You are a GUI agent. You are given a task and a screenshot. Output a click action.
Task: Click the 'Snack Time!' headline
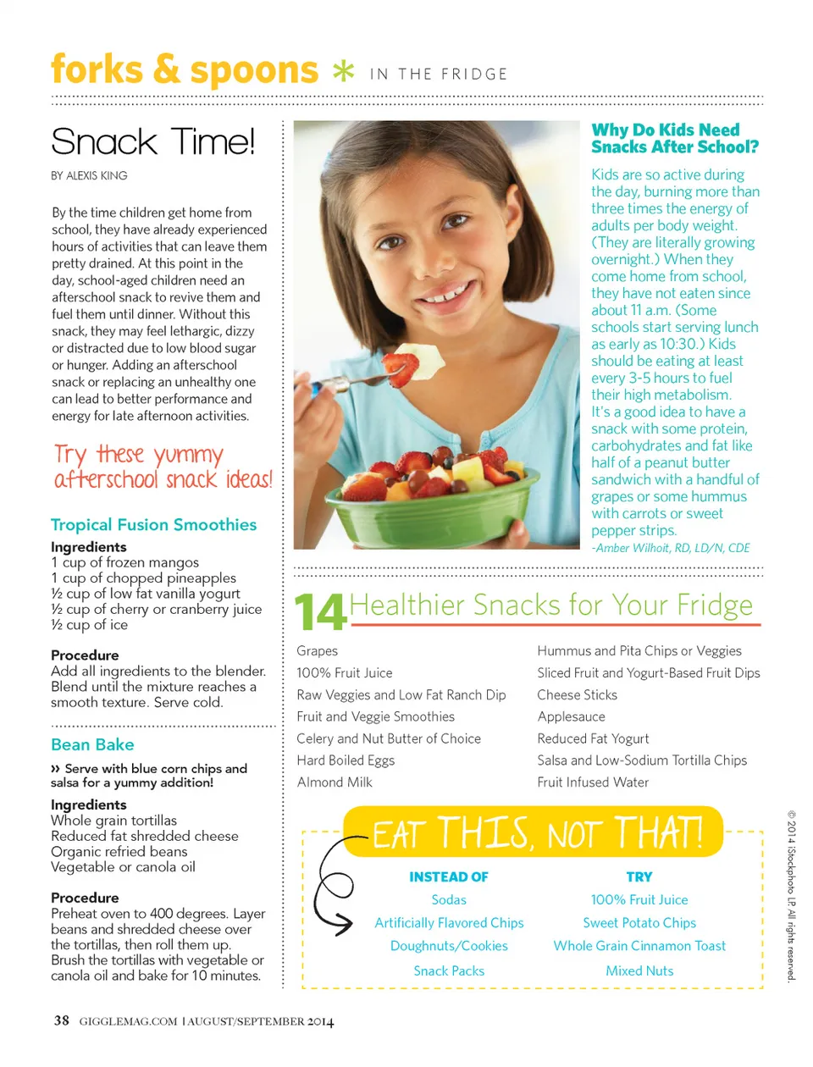click(x=152, y=141)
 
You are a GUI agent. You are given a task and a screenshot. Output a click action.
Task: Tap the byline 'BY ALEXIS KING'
click(x=89, y=175)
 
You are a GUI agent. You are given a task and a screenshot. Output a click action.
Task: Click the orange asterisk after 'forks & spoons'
click(x=343, y=72)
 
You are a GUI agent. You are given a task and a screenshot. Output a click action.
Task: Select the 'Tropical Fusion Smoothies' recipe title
click(x=153, y=524)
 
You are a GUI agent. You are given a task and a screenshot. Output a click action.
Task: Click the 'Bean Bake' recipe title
click(x=92, y=744)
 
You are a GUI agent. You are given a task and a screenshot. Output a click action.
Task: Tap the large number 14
click(x=320, y=611)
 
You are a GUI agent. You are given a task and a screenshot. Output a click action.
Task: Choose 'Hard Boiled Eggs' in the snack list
click(x=346, y=760)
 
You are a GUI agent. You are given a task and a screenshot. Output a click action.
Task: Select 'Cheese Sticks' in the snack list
click(x=577, y=694)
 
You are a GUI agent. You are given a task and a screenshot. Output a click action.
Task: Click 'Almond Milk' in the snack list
click(x=335, y=782)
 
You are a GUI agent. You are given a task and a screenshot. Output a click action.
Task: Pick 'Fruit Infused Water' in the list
click(x=593, y=782)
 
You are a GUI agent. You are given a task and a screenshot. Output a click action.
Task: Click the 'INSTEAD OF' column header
click(x=449, y=877)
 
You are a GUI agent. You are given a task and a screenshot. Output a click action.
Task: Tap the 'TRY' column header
click(x=639, y=877)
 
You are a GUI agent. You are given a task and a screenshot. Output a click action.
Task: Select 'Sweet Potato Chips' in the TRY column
click(x=639, y=923)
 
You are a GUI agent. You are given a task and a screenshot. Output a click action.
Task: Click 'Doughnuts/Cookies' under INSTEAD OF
click(x=449, y=946)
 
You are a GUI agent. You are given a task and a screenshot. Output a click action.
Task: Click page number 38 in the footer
click(x=62, y=1020)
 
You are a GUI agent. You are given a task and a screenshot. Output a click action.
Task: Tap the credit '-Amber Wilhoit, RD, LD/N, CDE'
click(x=671, y=548)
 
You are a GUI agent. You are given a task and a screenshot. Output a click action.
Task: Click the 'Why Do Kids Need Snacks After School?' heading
click(x=674, y=138)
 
